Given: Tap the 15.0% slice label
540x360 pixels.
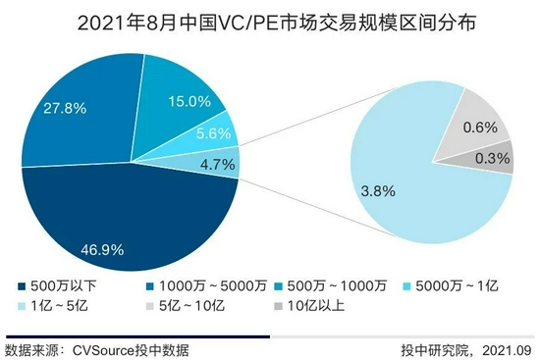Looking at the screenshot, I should click(x=189, y=100).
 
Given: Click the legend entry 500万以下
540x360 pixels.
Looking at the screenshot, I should click(x=53, y=286).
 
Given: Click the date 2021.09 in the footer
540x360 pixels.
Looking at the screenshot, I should click(x=507, y=349).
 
